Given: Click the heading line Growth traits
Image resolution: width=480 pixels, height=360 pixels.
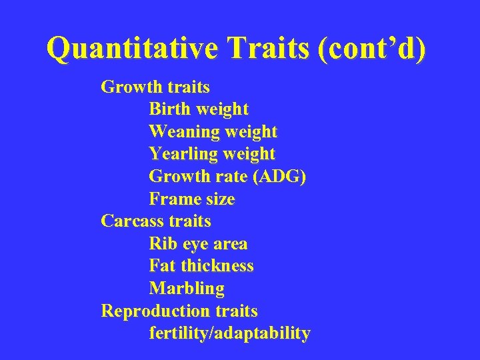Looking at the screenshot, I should click(155, 87).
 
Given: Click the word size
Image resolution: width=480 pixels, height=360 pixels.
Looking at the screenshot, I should click(219, 199).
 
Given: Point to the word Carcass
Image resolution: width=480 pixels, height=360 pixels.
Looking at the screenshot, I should click(131, 221).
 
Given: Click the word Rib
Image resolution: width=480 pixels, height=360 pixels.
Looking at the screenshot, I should click(163, 243).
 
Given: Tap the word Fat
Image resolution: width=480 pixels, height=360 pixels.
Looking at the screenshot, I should click(163, 265).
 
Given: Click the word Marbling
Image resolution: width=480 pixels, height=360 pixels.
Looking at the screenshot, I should click(187, 289).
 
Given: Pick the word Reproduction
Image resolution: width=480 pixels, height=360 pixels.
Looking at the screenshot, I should click(155, 311).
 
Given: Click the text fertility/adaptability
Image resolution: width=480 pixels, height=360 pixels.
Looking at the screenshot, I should click(229, 333).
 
